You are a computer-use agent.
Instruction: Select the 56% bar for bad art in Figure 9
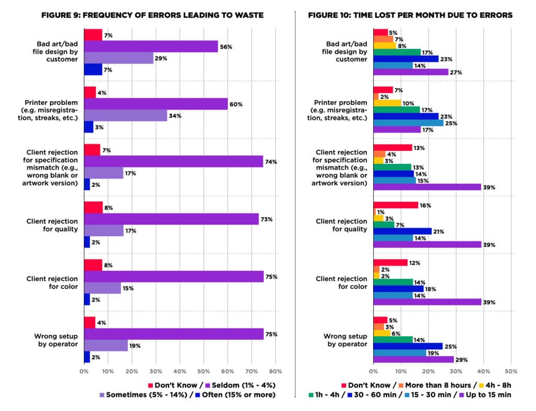(x=151, y=47)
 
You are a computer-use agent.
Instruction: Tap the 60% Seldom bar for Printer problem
(x=155, y=104)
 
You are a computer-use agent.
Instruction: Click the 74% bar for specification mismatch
(x=173, y=162)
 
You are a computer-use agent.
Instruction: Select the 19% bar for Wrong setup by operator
(x=106, y=346)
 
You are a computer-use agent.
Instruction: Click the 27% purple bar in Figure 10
(x=410, y=72)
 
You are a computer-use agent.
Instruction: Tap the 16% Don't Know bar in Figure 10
(x=395, y=205)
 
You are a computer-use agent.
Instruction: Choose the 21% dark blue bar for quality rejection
(x=402, y=231)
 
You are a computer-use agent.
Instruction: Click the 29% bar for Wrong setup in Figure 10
(x=413, y=360)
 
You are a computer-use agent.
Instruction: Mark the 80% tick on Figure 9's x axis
(x=275, y=372)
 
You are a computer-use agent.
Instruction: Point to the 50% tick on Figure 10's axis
(x=511, y=372)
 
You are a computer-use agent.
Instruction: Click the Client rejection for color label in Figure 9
(x=52, y=283)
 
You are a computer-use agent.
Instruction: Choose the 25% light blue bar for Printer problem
(x=408, y=123)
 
